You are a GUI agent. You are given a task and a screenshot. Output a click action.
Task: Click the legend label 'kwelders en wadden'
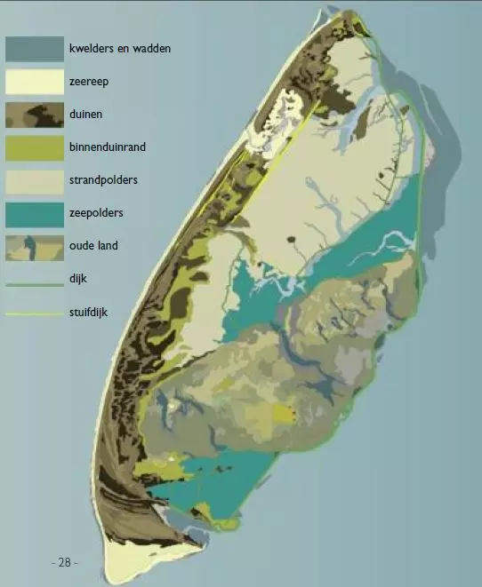tap(119, 48)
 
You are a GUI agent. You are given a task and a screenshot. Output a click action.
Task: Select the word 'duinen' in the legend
tap(86, 115)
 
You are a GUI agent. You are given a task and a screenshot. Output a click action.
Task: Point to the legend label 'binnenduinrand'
tap(106, 147)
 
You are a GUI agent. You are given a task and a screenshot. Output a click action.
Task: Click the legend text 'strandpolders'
tap(102, 180)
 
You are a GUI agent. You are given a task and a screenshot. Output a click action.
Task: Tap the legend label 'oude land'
tap(92, 246)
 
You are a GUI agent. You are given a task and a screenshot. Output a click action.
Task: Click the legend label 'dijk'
tap(77, 279)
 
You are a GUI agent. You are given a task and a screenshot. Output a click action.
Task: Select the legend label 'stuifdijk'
tap(89, 312)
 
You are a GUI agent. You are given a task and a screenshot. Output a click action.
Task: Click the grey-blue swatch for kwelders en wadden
tap(35, 49)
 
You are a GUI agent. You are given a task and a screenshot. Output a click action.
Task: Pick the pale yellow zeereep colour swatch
tap(35, 82)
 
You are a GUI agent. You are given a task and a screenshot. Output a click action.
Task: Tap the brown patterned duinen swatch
tap(35, 115)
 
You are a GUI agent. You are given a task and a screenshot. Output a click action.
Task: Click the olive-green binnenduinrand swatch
tap(35, 147)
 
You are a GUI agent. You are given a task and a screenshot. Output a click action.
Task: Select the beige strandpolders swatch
tap(35, 181)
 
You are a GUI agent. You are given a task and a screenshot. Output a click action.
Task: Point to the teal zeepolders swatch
tap(35, 214)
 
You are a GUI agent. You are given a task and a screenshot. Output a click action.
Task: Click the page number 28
tap(64, 562)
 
